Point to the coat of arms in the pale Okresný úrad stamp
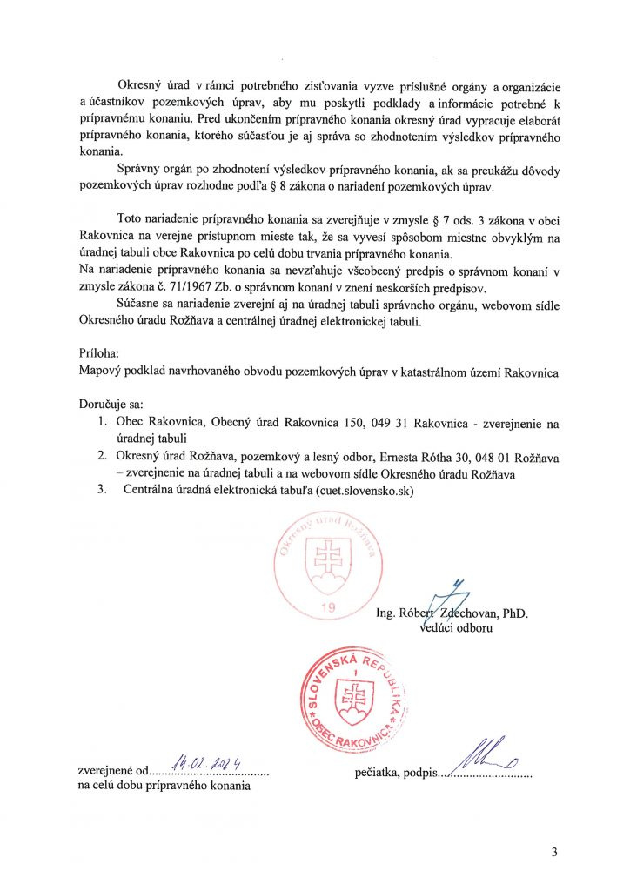[x=329, y=558]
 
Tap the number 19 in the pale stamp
[x=327, y=607]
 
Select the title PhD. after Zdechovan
[x=513, y=613]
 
